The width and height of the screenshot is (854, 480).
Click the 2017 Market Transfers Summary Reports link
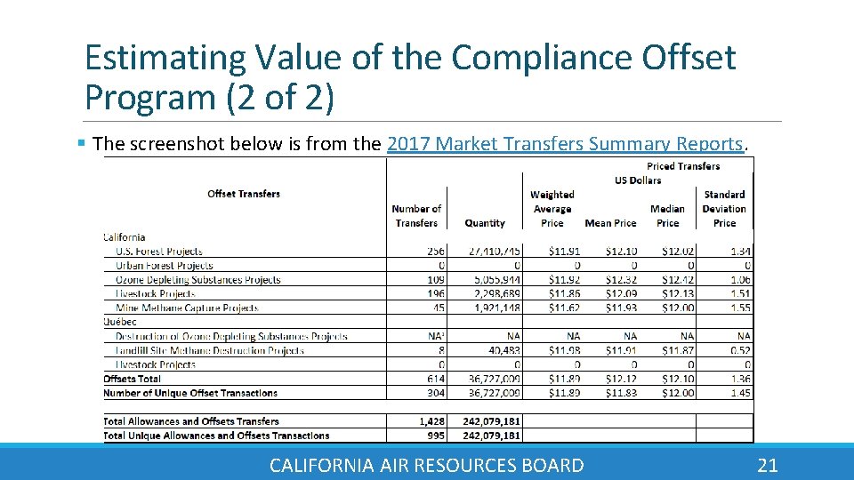pos(565,144)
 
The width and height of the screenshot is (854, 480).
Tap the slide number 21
pos(767,465)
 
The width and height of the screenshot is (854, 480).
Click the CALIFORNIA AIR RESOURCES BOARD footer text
pos(426,465)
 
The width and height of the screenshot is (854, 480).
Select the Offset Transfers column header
pos(244,194)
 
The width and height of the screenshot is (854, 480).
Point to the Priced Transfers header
pos(683,166)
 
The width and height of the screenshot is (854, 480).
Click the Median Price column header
pos(667,216)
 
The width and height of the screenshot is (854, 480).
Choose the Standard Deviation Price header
pos(724,209)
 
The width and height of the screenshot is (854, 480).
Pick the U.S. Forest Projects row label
pos(159,252)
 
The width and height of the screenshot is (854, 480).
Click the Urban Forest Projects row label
pos(165,266)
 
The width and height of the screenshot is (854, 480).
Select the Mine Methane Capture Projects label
pos(187,308)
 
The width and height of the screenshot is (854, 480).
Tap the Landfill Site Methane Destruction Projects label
pos(210,351)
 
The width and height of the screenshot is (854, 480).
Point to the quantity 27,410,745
pos(485,252)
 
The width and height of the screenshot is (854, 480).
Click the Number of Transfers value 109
pos(435,280)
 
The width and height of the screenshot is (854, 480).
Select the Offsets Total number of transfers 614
pos(435,380)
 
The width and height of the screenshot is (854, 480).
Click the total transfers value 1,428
pos(431,422)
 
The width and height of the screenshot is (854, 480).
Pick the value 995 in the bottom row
pos(435,436)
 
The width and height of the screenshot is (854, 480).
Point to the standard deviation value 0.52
pos(741,351)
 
